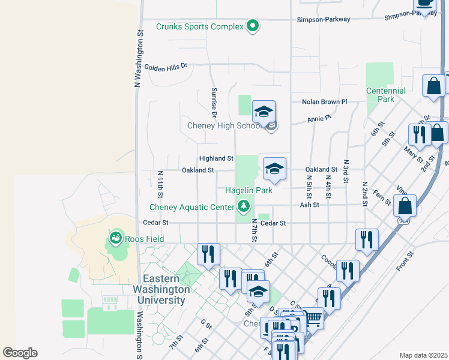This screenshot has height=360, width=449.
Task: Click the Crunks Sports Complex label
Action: pyautogui.click(x=200, y=26)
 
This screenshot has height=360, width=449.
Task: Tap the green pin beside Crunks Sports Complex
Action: pyautogui.click(x=253, y=26)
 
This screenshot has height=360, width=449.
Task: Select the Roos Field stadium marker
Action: pyautogui.click(x=115, y=239)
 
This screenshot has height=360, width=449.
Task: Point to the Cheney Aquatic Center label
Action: pyautogui.click(x=191, y=208)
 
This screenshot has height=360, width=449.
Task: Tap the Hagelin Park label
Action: pyautogui.click(x=249, y=190)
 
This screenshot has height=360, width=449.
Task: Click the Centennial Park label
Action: pyautogui.click(x=386, y=95)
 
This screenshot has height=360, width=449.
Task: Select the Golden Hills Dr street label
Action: pyautogui.click(x=166, y=66)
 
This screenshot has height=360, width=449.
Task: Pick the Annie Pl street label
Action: pyautogui.click(x=319, y=119)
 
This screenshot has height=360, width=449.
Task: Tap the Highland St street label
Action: pyautogui.click(x=216, y=158)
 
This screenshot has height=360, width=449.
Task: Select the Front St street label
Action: pyautogui.click(x=406, y=260)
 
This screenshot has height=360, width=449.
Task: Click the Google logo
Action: pyautogui.click(x=20, y=352)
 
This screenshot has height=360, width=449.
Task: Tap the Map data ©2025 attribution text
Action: pyautogui.click(x=423, y=355)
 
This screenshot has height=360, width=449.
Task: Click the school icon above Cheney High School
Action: pyautogui.click(x=264, y=112)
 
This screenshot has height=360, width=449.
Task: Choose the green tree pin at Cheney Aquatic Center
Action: pyautogui.click(x=244, y=207)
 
